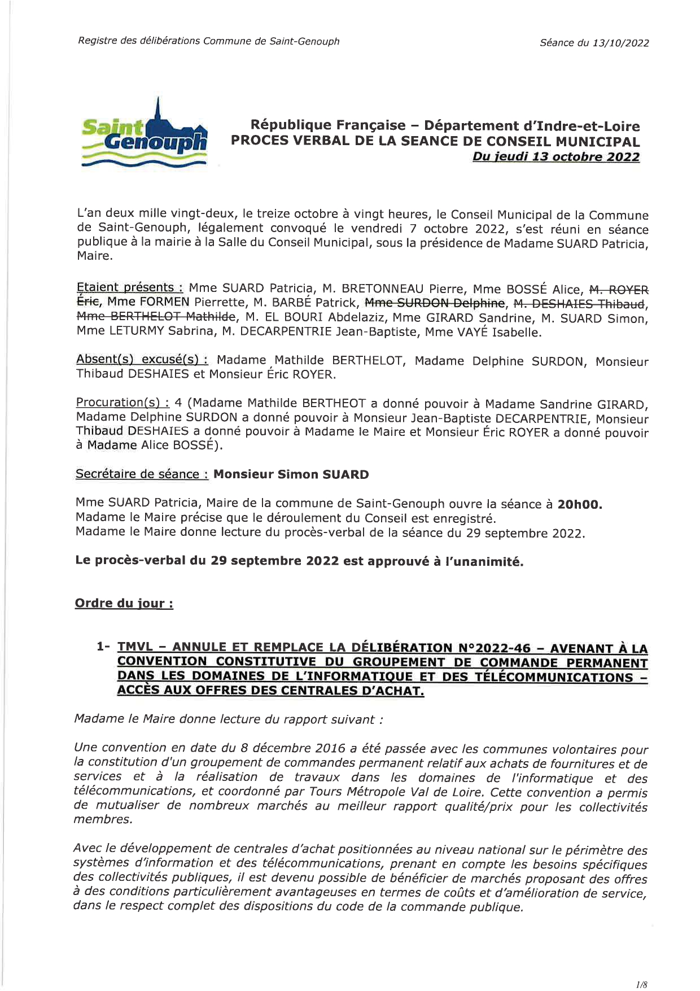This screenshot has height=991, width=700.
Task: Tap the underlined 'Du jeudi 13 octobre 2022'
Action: pos(555,157)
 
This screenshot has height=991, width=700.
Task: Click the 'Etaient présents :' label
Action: pos(130,287)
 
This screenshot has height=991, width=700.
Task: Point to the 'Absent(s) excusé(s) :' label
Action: pos(142,360)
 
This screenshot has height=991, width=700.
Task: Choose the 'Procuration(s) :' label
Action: pos(123,403)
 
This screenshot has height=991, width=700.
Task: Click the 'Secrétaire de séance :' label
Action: pos(142,474)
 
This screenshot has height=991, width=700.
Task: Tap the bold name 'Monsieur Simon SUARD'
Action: pos(291,474)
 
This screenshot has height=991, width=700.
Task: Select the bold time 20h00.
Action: pos(579,504)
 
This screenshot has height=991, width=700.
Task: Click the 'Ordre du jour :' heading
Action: pos(124,603)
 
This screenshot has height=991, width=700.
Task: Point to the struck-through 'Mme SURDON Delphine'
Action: pos(435,304)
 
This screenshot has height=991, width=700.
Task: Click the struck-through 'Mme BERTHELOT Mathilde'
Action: pos(155,316)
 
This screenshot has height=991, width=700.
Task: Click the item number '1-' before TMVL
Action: pos(103,647)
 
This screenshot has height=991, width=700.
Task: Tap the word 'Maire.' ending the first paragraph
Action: pos(95,256)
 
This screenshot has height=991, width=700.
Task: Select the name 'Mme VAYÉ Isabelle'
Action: pos(483,332)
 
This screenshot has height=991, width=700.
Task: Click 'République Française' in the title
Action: pos(327,125)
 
